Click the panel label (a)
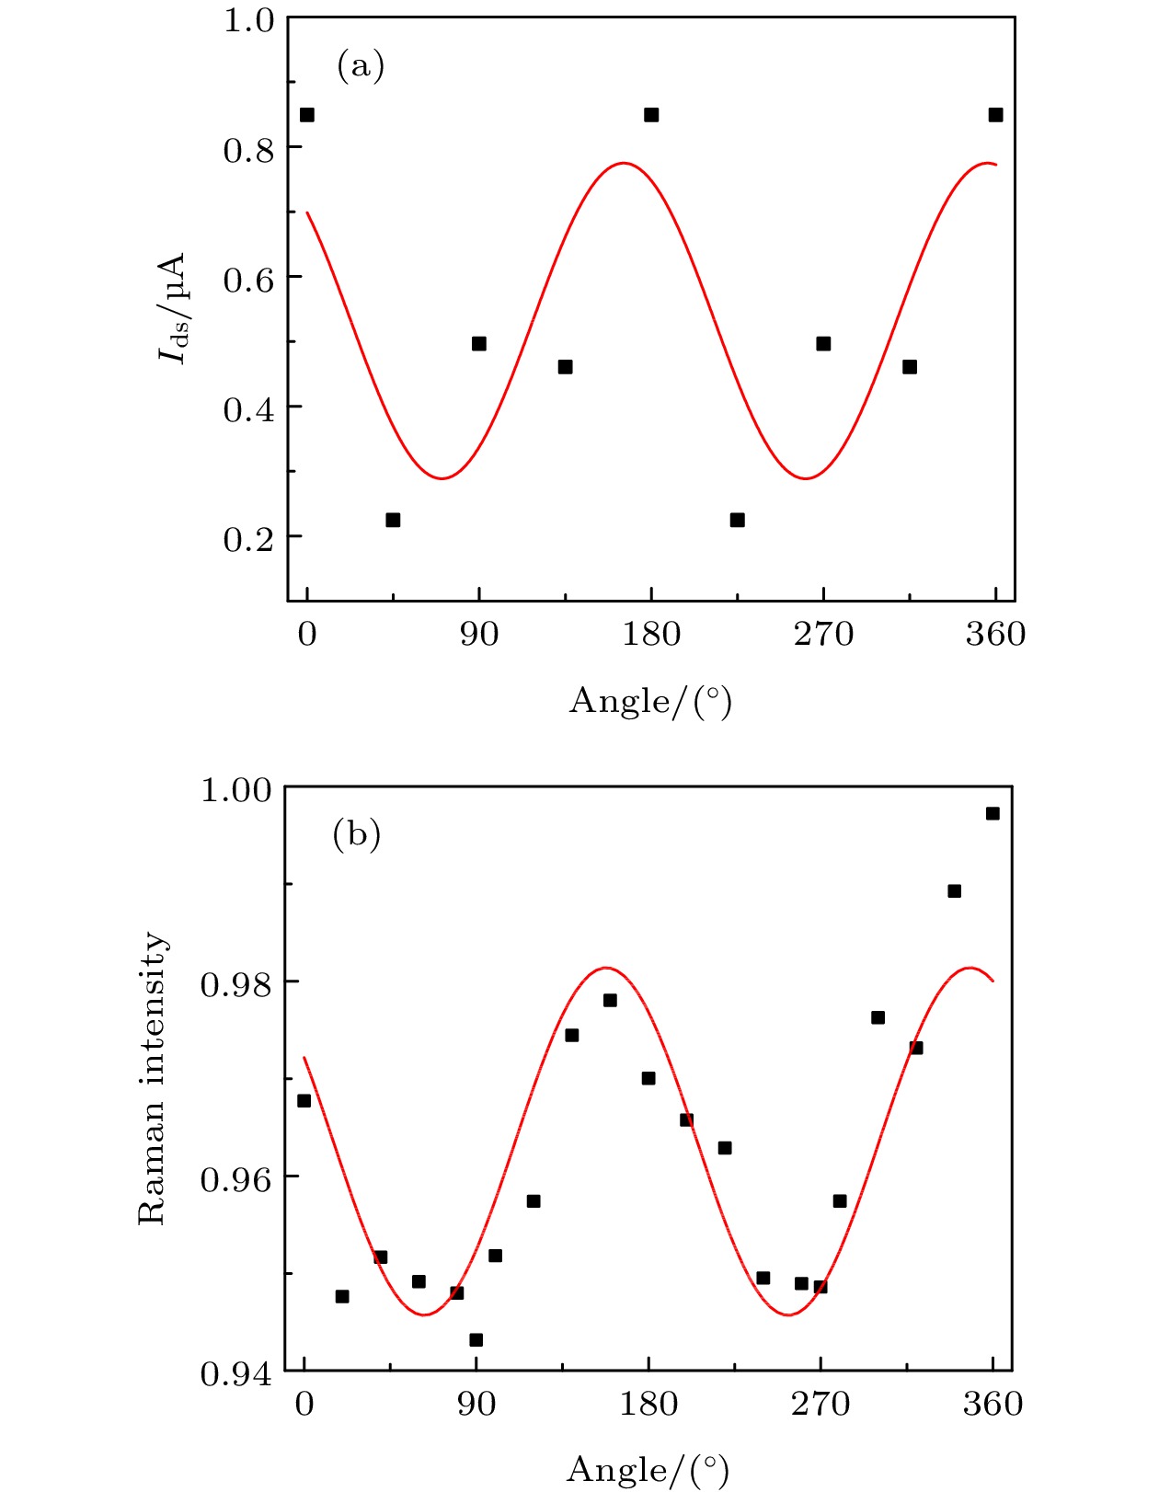(361, 66)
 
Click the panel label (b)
(356, 834)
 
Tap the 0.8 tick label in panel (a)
(248, 149)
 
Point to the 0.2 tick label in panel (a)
(248, 538)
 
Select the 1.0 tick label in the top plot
(248, 19)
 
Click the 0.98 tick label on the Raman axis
(236, 983)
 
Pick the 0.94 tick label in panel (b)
(236, 1373)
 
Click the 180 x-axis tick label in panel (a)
(651, 634)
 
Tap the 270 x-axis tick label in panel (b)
(820, 1404)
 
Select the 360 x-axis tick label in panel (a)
(995, 634)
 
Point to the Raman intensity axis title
(153, 1078)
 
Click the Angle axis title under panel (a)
(650, 702)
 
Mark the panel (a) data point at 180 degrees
(651, 115)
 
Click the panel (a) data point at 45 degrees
(393, 520)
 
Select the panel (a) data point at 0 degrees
(307, 115)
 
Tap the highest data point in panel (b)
(993, 813)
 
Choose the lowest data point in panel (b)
(476, 1339)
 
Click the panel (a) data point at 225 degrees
(737, 520)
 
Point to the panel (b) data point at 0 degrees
(304, 1100)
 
